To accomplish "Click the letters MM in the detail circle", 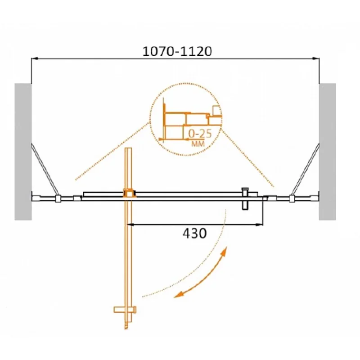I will coord(198,144).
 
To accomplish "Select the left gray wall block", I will coord(22,152).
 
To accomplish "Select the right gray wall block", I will coord(328,152).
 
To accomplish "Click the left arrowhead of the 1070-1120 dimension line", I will coord(34,58).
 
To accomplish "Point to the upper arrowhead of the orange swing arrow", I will coord(224,255).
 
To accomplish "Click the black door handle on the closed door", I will coord(245,198).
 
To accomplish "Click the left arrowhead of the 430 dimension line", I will coord(132,224).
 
